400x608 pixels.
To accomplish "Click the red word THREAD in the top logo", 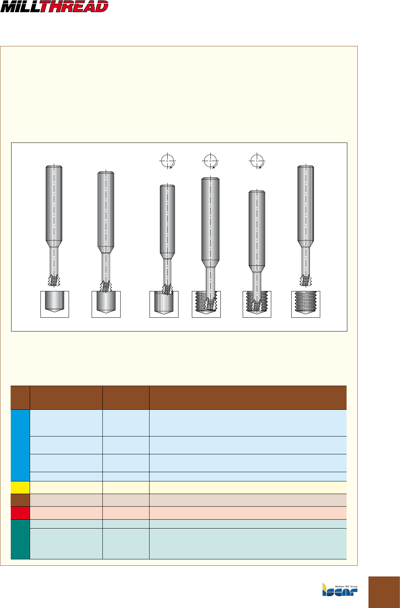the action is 75,7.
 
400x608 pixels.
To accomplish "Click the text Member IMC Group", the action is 346,586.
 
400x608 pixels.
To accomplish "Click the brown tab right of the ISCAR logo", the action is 384,592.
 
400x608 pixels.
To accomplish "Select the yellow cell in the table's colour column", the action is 20,487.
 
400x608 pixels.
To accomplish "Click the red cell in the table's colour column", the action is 20,513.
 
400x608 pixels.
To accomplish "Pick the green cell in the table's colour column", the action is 20,539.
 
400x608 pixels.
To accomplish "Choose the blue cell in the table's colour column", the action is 20,445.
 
